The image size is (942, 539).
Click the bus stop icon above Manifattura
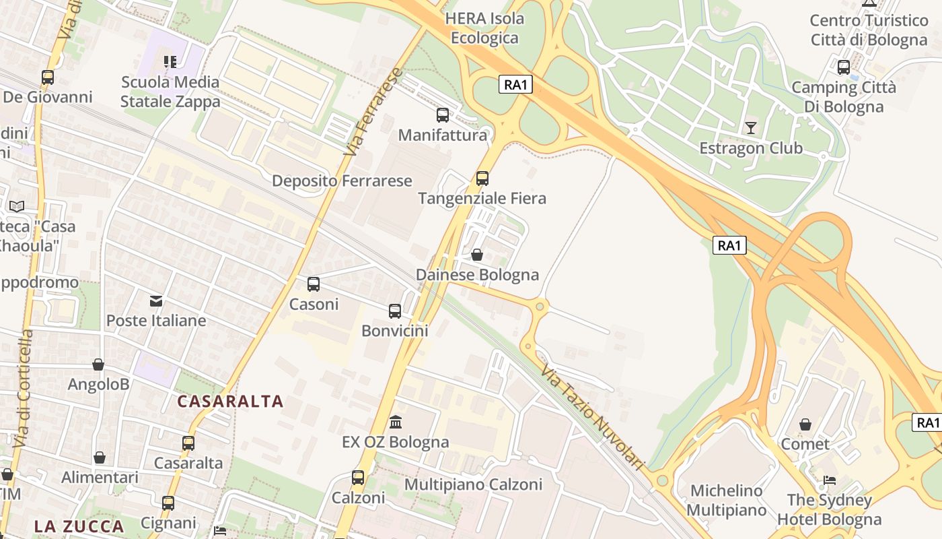click(442, 115)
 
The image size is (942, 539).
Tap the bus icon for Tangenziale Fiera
click(482, 179)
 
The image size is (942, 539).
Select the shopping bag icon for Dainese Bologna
click(476, 255)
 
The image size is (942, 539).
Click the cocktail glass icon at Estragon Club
click(750, 127)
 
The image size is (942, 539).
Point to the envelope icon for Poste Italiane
click(156, 300)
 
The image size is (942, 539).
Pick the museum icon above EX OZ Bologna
click(396, 422)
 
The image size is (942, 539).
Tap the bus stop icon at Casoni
click(313, 284)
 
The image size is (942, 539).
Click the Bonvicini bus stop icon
click(394, 311)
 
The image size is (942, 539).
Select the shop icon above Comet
click(805, 424)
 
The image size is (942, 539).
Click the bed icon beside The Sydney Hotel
click(830, 480)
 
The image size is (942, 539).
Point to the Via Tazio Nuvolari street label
click(593, 418)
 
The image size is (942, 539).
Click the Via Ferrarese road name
click(373, 112)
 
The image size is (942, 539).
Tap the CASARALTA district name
click(230, 402)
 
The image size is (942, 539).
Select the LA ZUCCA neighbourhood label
click(79, 526)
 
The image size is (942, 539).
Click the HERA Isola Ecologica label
click(484, 28)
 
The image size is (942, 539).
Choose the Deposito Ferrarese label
click(342, 181)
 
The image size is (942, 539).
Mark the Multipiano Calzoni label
click(473, 484)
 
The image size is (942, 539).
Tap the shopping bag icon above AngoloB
click(98, 364)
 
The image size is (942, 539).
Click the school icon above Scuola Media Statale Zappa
click(170, 62)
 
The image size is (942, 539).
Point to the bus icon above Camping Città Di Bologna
click(843, 67)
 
